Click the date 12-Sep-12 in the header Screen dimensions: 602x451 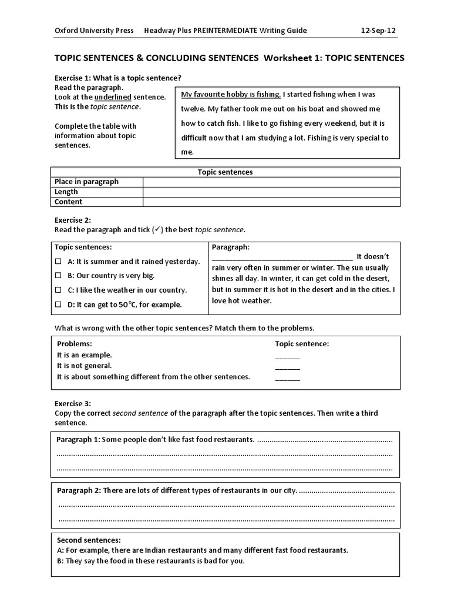tap(381, 31)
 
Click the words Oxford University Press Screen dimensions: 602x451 tap(94, 31)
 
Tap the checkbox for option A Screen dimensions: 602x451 tap(58, 261)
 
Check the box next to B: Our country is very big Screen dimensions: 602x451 tap(58, 275)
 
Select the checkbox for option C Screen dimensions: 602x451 tap(58, 290)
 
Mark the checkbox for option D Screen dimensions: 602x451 tap(58, 305)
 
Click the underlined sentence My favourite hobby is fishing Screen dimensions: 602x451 tap(231, 94)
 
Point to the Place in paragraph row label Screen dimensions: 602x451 tap(86, 182)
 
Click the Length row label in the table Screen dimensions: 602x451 tap(66, 192)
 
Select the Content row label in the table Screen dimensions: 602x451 tap(68, 202)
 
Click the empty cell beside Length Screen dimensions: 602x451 tap(271, 192)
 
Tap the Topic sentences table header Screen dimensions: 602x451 tap(225, 172)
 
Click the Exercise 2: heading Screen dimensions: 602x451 tap(73, 220)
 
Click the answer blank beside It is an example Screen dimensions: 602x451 tap(287, 355)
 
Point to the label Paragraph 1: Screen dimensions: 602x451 tap(79, 440)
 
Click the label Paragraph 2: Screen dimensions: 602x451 tap(79, 490)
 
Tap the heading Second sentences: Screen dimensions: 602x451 tap(89, 540)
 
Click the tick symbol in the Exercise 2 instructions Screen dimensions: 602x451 tap(157, 229)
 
